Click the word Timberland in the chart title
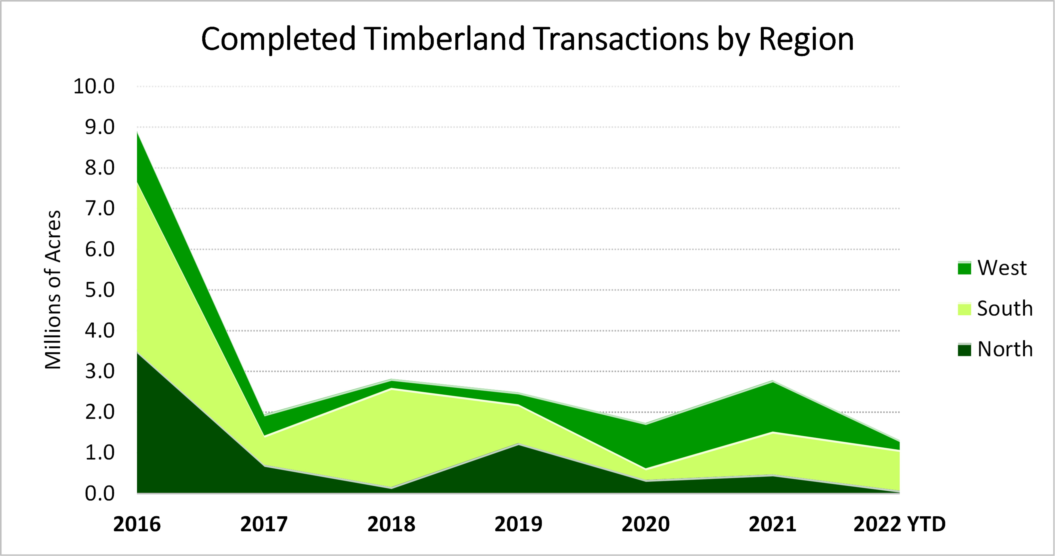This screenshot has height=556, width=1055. pos(444,39)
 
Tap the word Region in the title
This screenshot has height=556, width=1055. pos(806,39)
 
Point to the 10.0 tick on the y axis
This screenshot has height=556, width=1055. pos(94,86)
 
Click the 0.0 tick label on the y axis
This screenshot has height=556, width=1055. pos(100,493)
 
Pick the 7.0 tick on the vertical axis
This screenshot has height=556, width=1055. pos(100,208)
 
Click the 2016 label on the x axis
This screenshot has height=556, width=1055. pos(137,524)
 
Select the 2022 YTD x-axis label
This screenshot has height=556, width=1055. pos(899,524)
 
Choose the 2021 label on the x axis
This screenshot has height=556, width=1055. pos(772,524)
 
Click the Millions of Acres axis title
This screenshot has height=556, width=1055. pos(53,290)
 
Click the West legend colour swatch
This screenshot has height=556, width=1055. pos(964,268)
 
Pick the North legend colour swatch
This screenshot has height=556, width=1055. pos(964,350)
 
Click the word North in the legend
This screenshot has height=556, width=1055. pos(1005,349)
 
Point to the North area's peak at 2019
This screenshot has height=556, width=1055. pos(519,444)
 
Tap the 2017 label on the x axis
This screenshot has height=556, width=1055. pos(264,524)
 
